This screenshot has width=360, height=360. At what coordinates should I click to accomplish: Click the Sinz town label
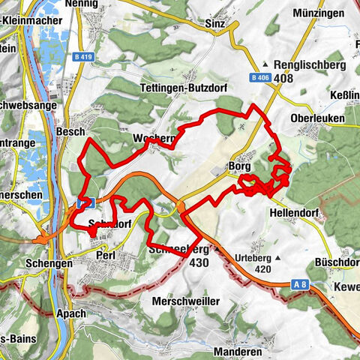coord(214,23)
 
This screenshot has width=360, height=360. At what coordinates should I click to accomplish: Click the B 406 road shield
coord(259,77)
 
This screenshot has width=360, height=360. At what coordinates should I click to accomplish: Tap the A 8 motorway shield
coord(299,284)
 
